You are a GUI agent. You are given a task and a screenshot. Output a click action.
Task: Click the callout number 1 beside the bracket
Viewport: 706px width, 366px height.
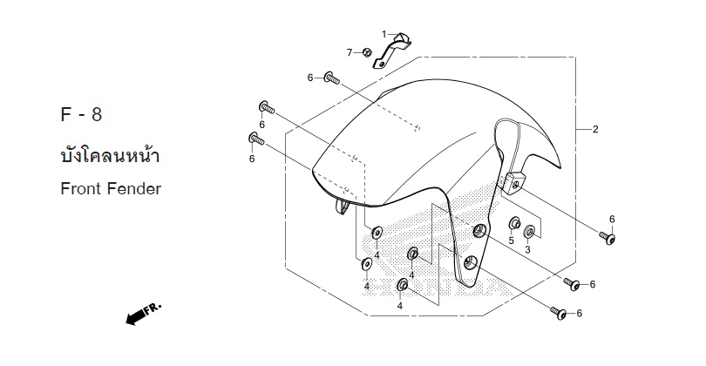384,34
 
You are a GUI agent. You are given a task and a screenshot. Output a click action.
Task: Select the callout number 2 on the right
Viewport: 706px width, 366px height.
595,129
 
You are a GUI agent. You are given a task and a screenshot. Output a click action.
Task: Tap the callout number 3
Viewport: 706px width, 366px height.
527,249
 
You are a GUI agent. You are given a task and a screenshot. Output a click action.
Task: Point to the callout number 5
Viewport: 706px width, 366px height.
511,241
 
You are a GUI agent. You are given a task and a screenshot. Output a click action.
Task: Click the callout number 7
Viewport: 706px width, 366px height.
350,53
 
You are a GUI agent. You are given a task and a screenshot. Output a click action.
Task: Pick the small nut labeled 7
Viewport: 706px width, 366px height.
366,52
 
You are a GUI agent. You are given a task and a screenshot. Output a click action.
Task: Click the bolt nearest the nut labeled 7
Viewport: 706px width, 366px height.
332,78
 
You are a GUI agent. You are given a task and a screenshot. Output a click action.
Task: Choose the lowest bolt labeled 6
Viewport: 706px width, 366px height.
559,313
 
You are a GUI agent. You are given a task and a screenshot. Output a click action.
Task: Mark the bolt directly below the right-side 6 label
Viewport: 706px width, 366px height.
608,237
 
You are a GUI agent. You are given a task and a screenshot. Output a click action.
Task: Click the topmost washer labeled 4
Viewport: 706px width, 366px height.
377,233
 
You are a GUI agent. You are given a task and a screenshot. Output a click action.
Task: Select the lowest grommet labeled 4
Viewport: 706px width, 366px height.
402,285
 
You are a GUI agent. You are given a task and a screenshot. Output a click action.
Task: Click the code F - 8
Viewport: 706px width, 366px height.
81,114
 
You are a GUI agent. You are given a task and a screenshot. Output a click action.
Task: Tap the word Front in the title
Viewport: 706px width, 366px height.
80,188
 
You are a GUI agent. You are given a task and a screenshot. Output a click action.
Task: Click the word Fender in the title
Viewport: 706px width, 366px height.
133,188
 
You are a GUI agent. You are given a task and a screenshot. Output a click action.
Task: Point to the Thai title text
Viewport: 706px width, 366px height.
110,155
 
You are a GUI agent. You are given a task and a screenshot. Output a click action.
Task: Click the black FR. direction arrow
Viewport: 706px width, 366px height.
143,314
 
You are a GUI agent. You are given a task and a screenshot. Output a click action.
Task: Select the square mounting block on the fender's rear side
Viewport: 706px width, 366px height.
513,181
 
